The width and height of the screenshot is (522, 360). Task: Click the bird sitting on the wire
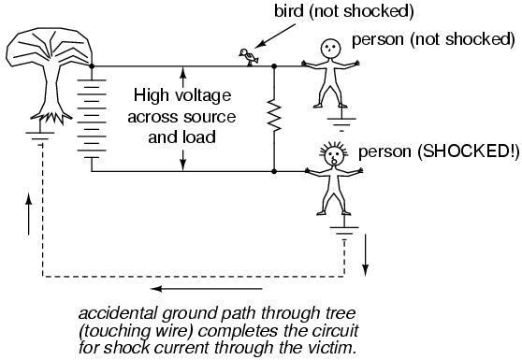249,57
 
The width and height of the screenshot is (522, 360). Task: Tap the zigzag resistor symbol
274,117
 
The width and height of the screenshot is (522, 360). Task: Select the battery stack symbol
92,119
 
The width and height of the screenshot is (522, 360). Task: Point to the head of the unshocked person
330,48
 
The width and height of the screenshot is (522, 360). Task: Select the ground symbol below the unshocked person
341,124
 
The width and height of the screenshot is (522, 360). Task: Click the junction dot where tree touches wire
92,66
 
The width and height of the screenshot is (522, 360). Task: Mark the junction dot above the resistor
274,66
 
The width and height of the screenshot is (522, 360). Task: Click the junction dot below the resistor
274,171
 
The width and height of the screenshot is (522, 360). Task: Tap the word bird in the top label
289,11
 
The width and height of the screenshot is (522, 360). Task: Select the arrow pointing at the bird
277,36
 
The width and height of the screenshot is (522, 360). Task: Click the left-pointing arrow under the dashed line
207,288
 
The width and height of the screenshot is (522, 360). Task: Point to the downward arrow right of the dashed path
366,255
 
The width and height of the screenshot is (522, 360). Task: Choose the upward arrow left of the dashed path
29,213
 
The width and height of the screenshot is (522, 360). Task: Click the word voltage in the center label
203,96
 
